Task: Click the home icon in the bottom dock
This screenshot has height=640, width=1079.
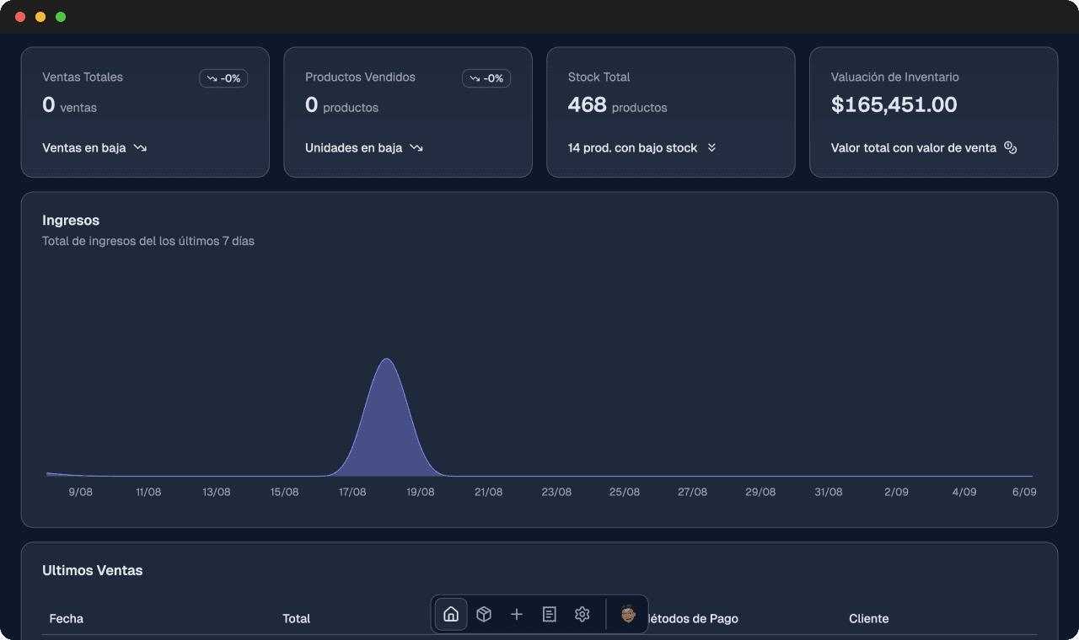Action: (451, 614)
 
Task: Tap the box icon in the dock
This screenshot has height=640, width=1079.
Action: (484, 614)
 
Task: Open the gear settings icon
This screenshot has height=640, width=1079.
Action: (582, 614)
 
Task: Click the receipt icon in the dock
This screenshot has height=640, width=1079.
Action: (550, 614)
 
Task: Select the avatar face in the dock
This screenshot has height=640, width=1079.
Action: (628, 614)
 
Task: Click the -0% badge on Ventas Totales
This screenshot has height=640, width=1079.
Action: (223, 78)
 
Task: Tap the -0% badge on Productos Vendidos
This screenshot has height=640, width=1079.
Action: (486, 78)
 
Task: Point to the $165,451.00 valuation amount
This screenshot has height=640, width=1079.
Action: (894, 104)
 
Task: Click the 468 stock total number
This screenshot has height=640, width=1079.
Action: (587, 104)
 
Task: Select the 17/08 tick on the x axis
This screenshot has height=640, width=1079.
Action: (352, 492)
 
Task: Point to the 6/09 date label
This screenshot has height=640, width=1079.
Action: (1024, 492)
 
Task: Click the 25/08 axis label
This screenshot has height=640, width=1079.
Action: (625, 492)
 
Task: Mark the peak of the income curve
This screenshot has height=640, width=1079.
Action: (387, 360)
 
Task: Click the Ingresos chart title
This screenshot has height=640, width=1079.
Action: (71, 221)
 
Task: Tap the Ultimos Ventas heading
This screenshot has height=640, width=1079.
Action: (93, 570)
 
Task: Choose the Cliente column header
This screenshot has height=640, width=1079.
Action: (868, 618)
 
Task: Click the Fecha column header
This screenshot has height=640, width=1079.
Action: (67, 618)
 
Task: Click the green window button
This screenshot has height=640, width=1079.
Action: (61, 17)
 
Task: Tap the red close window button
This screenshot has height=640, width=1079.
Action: (20, 17)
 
